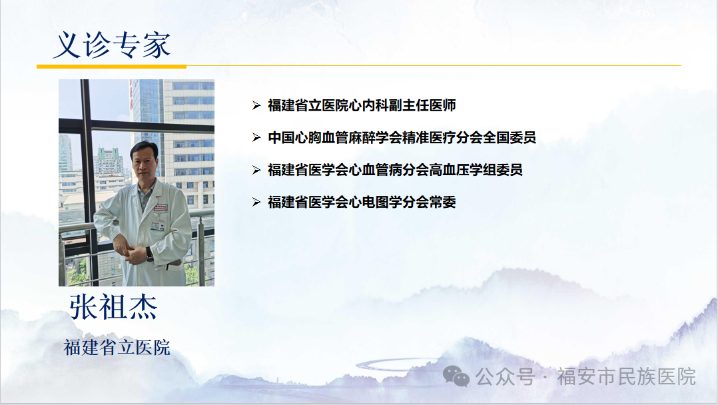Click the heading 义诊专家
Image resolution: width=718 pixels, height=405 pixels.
[112, 45]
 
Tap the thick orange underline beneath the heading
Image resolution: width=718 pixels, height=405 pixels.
[111, 67]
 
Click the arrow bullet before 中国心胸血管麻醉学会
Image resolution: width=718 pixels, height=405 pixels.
[256, 137]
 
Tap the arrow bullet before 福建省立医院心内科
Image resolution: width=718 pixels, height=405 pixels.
[256, 105]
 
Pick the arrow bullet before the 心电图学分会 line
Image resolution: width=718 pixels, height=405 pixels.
[256, 202]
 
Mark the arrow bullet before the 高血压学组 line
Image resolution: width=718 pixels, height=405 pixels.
[256, 170]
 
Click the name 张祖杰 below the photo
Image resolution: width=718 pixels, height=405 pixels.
[113, 307]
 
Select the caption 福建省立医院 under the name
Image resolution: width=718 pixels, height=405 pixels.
[117, 347]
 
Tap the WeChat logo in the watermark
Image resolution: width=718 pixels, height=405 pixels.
[456, 376]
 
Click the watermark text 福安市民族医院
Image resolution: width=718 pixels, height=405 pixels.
[626, 376]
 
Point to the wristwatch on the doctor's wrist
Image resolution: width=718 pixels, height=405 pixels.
[149, 253]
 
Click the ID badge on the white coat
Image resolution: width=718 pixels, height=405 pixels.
[157, 226]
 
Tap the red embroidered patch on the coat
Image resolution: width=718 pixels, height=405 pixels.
[161, 207]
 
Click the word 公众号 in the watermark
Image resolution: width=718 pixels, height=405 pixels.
[505, 376]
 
